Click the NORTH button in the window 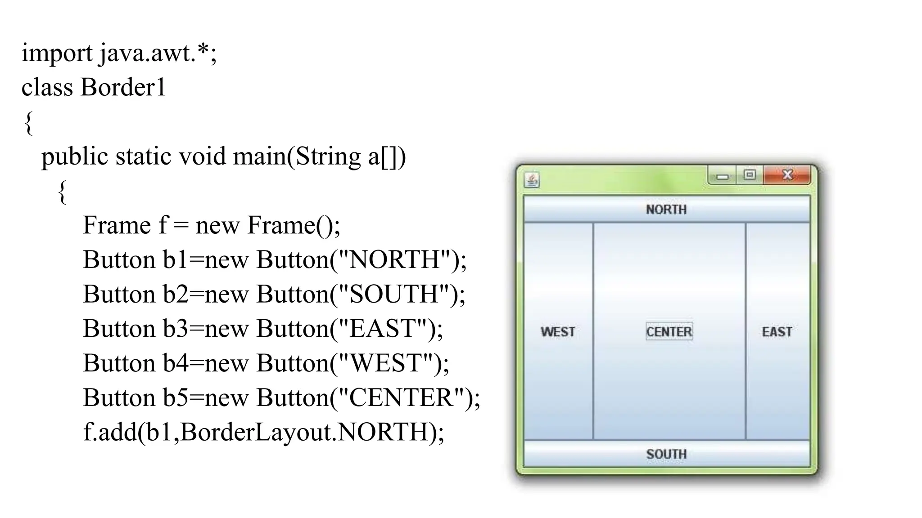click(666, 210)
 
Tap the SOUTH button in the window click(666, 454)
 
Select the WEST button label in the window click(558, 332)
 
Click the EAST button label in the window click(777, 332)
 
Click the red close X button click(787, 174)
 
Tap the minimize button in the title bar click(723, 176)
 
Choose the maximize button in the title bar click(750, 174)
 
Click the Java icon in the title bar click(532, 180)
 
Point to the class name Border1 click(123, 87)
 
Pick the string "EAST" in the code click(382, 329)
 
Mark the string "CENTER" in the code click(401, 398)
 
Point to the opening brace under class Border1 click(28, 123)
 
